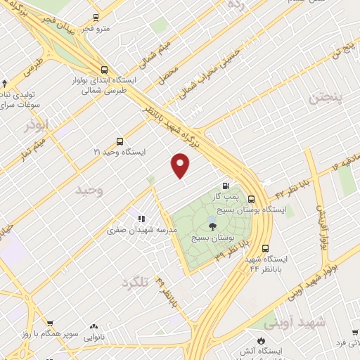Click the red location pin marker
tap(181, 165)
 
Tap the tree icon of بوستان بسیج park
tap(212, 226)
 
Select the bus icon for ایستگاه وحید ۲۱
tap(120, 141)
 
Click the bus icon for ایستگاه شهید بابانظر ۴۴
tap(266, 248)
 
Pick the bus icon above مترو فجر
tap(96, 16)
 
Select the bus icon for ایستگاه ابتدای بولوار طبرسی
tap(104, 70)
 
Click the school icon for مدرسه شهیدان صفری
tap(141, 219)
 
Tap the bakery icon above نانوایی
tap(94, 327)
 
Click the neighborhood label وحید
tap(89, 190)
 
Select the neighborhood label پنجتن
tap(325, 98)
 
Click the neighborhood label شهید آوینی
tap(295, 323)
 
